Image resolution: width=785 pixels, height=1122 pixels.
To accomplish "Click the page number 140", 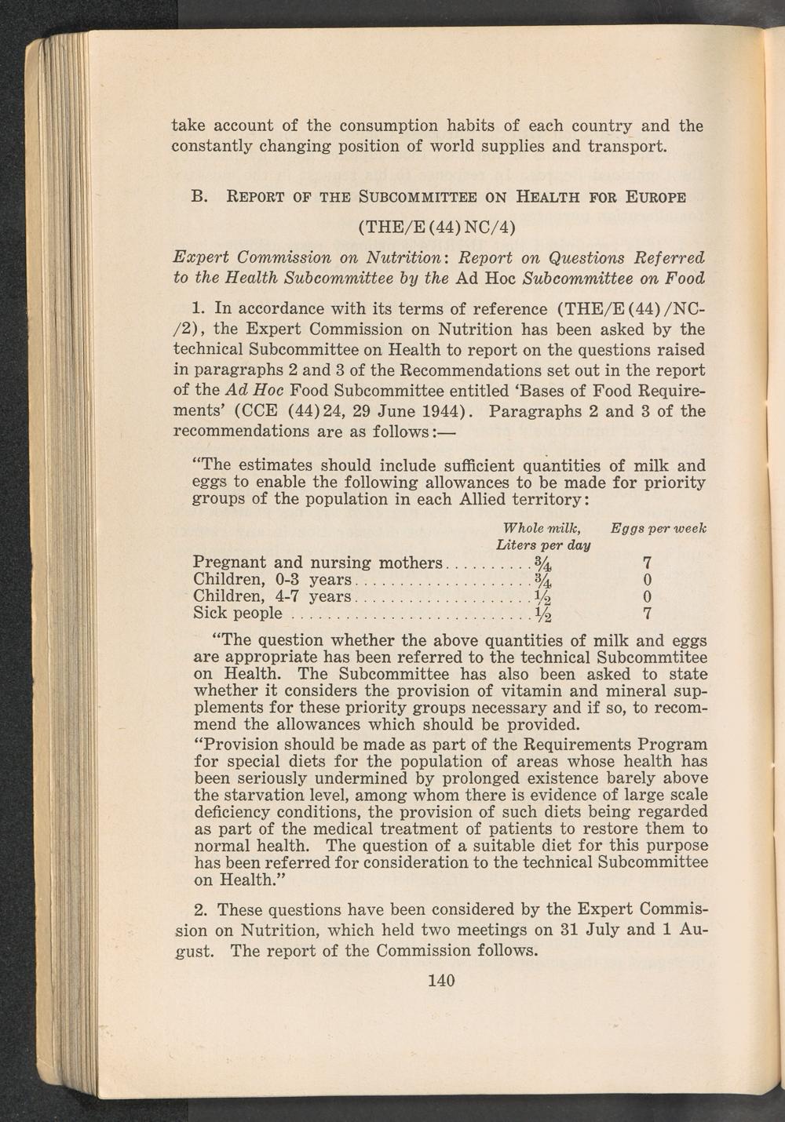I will coord(442,980).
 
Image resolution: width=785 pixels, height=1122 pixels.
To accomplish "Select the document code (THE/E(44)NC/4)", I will coord(436,228).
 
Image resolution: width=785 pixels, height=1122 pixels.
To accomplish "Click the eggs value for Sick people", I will coord(647,612).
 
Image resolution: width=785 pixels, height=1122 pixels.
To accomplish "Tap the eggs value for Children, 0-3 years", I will coord(647,580).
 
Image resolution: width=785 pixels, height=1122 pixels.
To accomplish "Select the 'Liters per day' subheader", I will coord(544,544).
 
